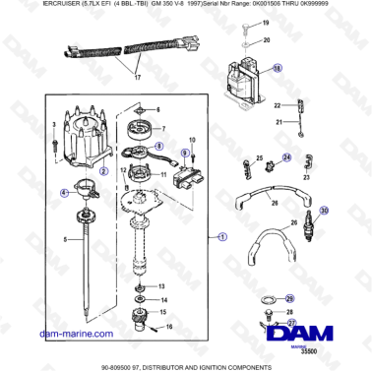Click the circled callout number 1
222,236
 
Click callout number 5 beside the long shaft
65,237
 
